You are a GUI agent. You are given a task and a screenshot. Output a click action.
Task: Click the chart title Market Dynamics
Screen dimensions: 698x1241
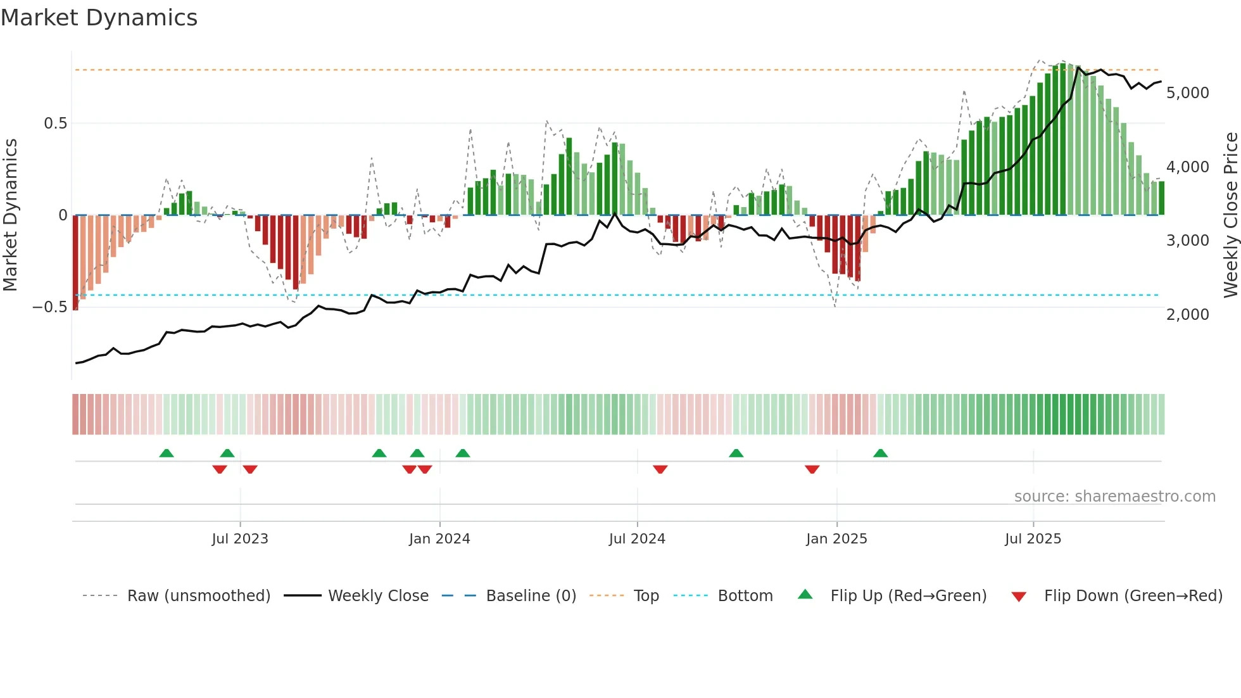point(99,18)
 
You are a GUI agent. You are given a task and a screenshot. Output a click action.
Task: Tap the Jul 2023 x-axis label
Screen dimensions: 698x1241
point(240,539)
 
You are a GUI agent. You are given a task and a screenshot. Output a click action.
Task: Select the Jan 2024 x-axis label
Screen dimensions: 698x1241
point(439,539)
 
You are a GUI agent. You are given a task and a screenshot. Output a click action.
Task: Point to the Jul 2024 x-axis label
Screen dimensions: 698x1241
point(637,539)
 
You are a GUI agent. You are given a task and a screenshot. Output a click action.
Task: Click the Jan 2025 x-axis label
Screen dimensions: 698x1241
point(836,539)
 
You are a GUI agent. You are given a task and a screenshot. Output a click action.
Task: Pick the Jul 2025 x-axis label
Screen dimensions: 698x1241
point(1033,539)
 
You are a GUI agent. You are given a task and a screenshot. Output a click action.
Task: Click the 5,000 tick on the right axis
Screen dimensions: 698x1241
point(1187,93)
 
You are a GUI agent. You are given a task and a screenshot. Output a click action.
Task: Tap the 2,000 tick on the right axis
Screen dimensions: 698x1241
point(1187,315)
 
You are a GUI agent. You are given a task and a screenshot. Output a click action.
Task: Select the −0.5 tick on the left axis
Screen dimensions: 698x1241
point(49,307)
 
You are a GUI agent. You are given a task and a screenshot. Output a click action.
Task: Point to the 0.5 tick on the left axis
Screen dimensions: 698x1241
point(55,124)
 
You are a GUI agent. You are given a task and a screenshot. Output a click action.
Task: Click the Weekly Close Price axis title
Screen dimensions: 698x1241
point(1230,215)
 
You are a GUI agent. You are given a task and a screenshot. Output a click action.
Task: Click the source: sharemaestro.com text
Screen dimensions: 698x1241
point(1114,497)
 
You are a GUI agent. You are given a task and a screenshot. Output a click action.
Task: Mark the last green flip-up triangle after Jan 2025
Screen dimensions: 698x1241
point(880,453)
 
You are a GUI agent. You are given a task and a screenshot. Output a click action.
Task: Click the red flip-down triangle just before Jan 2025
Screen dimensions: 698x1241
point(812,469)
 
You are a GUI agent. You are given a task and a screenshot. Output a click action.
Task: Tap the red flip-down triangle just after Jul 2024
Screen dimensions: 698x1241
point(660,469)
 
